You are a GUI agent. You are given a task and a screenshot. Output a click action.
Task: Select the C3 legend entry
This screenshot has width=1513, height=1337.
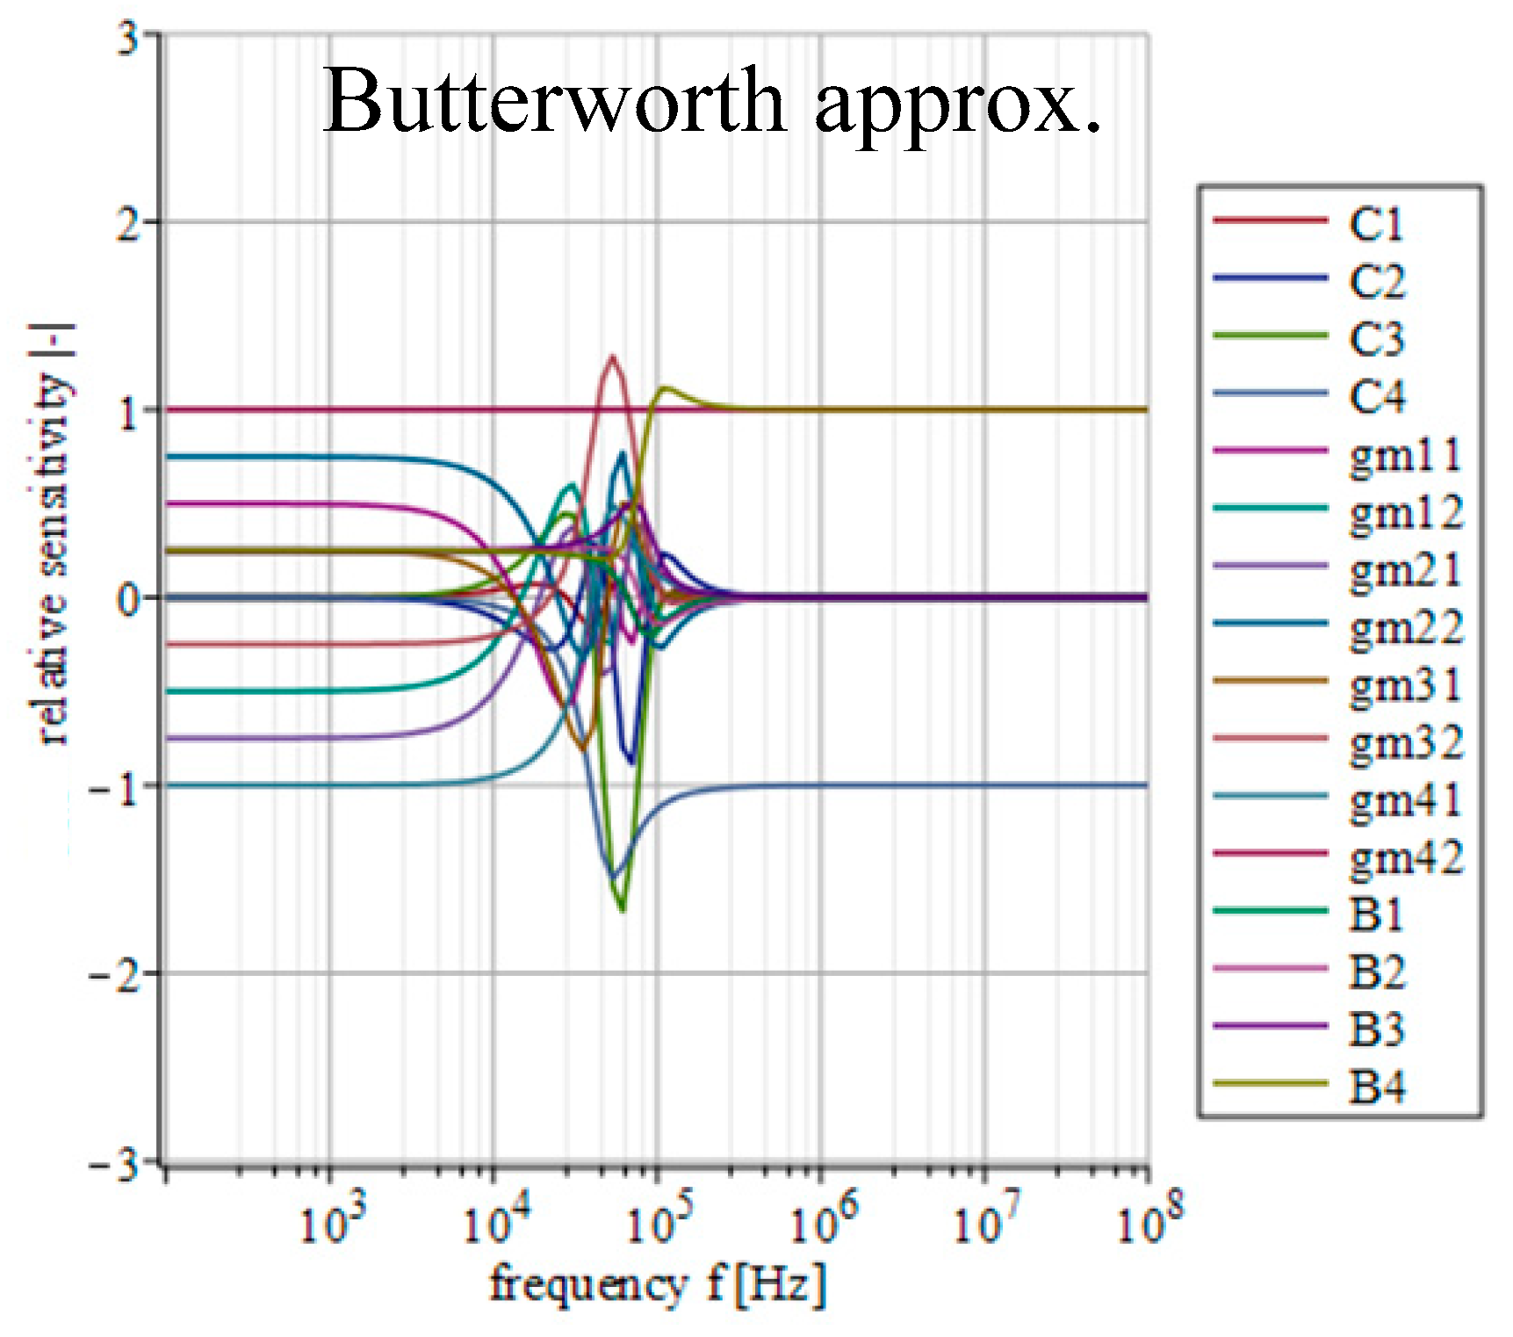[1376, 338]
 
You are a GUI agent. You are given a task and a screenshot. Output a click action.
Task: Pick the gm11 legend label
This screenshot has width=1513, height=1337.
[1405, 454]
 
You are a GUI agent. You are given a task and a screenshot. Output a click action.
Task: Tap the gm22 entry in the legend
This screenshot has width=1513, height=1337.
[1405, 627]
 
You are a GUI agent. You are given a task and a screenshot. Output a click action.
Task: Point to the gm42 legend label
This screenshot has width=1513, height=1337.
[1405, 857]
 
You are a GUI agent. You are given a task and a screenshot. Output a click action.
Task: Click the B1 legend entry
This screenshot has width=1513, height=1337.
[1376, 914]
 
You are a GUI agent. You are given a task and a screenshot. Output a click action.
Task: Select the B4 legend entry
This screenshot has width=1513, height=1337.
[1376, 1088]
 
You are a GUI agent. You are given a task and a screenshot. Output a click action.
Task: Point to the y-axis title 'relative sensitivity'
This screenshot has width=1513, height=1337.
[53, 536]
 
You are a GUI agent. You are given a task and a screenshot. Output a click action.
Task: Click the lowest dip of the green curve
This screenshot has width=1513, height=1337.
[623, 910]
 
